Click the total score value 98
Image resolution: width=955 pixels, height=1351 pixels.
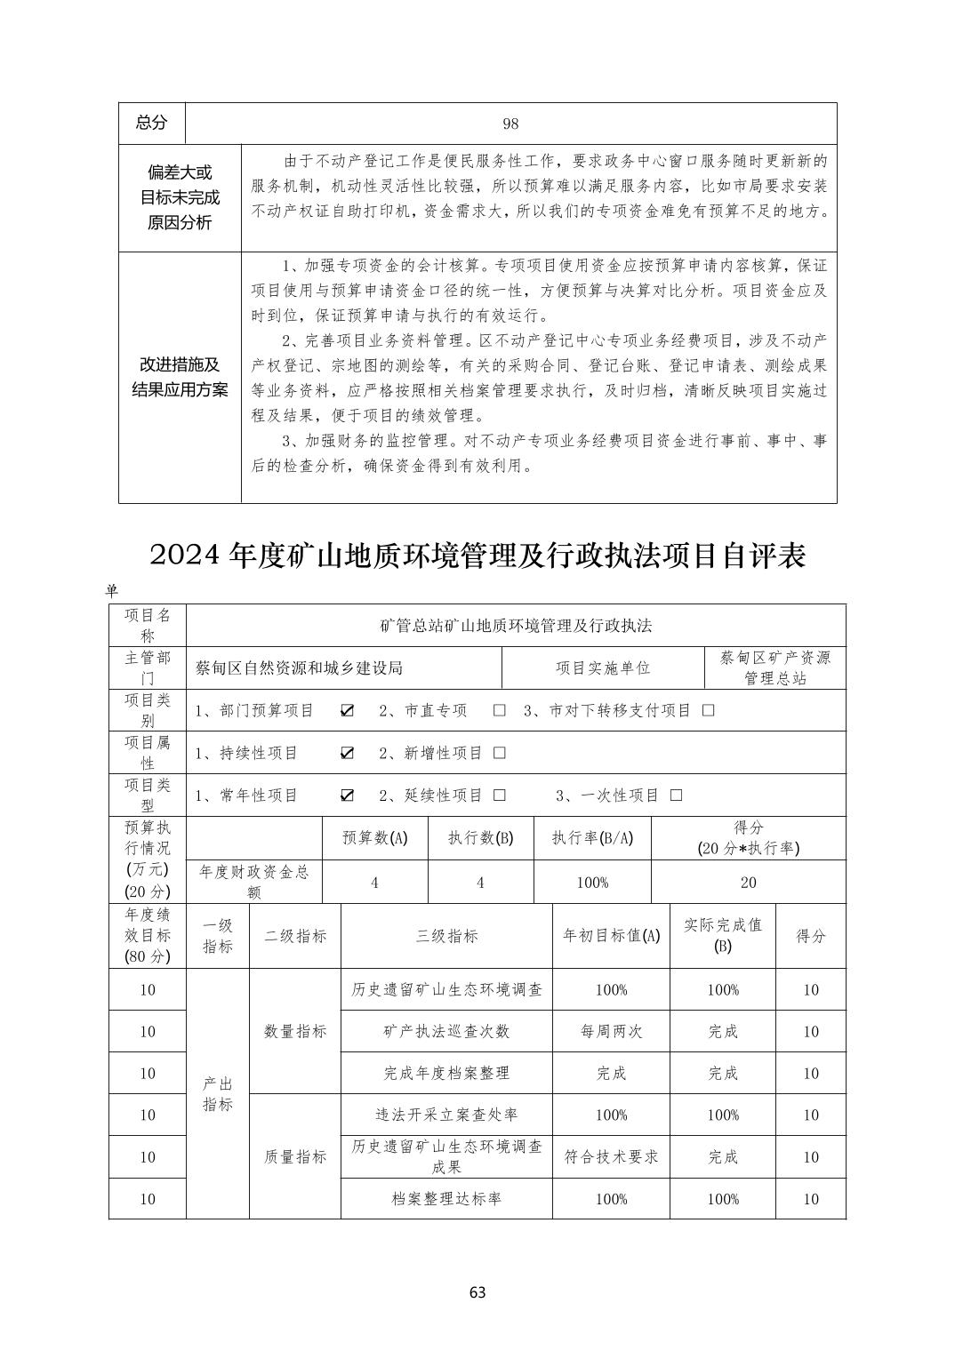point(510,124)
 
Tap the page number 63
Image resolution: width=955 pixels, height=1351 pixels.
point(477,1292)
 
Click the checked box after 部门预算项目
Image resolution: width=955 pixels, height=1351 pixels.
point(348,710)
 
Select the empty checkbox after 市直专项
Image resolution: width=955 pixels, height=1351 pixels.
point(500,710)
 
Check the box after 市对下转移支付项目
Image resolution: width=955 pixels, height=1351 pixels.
point(709,710)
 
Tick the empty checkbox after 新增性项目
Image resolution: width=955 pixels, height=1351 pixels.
point(500,753)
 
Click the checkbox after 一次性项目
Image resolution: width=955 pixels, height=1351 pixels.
point(677,795)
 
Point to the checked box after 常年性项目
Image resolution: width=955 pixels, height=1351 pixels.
point(348,795)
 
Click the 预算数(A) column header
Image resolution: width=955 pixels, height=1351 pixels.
point(374,838)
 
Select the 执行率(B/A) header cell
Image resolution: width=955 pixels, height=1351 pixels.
point(592,838)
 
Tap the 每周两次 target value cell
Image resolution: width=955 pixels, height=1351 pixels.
point(611,1031)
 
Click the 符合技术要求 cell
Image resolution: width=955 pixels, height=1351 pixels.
point(611,1156)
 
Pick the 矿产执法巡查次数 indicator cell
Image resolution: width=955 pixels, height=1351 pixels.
point(446,1031)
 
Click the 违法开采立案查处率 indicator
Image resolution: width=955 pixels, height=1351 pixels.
point(446,1115)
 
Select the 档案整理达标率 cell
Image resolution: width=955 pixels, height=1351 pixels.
point(446,1198)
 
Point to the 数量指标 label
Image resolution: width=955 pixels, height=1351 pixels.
point(295,1031)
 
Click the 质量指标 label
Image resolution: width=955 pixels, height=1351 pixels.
point(295,1156)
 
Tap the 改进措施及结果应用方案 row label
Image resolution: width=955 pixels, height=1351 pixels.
point(180,377)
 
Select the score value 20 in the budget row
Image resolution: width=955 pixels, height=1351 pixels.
point(748,883)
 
